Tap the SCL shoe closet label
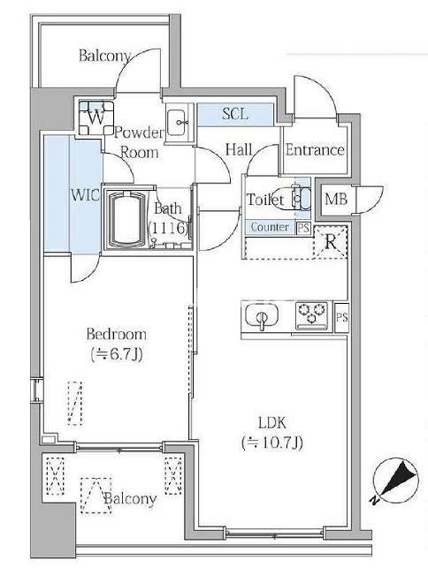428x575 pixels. pyautogui.click(x=235, y=114)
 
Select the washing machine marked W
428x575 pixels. pyautogui.click(x=96, y=117)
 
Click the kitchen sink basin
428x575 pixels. pyautogui.click(x=262, y=315)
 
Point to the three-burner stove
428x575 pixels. pyautogui.click(x=311, y=314)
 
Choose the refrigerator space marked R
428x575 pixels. pyautogui.click(x=331, y=242)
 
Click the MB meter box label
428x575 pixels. pyautogui.click(x=336, y=199)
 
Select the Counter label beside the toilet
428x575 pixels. pyautogui.click(x=270, y=227)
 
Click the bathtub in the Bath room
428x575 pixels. pyautogui.click(x=126, y=219)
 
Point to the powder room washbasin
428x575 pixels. pyautogui.click(x=176, y=123)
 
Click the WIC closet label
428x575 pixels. pyautogui.click(x=85, y=194)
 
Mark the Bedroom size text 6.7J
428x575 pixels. pyautogui.click(x=117, y=354)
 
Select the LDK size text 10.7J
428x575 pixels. pyautogui.click(x=272, y=443)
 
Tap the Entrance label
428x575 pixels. pyautogui.click(x=315, y=149)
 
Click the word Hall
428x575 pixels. pyautogui.click(x=239, y=149)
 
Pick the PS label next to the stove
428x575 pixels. pyautogui.click(x=341, y=317)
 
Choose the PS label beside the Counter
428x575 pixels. pyautogui.click(x=303, y=228)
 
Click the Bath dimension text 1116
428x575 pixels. pyautogui.click(x=169, y=229)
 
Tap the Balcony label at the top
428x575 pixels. pyautogui.click(x=104, y=56)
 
